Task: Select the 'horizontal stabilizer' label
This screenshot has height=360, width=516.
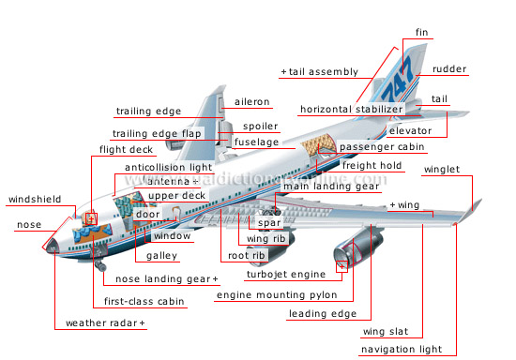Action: coord(345,110)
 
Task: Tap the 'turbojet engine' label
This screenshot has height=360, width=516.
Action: coord(285,275)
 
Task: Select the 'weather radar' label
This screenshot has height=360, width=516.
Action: coord(105,323)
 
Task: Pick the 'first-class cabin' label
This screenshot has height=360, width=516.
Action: coord(138,302)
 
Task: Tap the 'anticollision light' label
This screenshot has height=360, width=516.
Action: coord(168,167)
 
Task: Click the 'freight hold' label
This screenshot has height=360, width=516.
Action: coord(372,166)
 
